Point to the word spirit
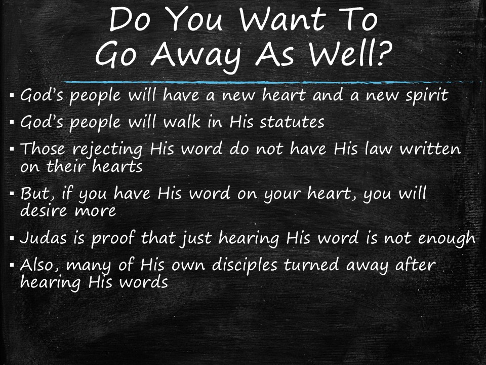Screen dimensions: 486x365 (x=427, y=95)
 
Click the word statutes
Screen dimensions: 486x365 (x=292, y=122)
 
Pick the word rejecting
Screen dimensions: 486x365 (x=107, y=150)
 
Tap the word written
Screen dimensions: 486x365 (x=430, y=149)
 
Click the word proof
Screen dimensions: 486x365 (x=113, y=239)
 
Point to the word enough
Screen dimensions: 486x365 (x=447, y=239)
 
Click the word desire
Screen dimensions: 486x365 (x=44, y=210)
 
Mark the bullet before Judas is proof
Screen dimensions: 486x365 (x=12, y=238)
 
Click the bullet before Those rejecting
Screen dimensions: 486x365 (x=12, y=149)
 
